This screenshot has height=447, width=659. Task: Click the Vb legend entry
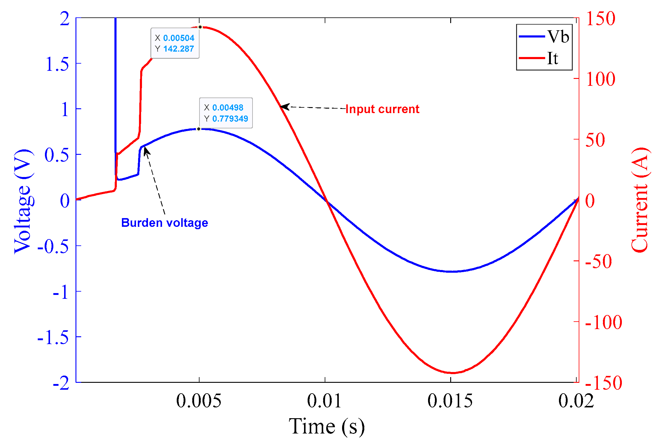(544, 37)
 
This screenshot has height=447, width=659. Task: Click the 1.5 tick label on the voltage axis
(57, 64)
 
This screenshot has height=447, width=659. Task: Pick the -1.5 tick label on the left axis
(53, 338)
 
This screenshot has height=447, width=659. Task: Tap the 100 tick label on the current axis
(601, 79)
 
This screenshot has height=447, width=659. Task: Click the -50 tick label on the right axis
(598, 262)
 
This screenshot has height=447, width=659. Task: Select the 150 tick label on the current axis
(601, 19)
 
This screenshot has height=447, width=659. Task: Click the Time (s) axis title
(327, 426)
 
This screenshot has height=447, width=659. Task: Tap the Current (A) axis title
(639, 200)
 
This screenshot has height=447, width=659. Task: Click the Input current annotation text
(382, 109)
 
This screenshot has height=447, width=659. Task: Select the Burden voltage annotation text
(164, 223)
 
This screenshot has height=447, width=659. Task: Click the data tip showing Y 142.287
(175, 43)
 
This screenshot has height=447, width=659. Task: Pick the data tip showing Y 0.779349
(226, 113)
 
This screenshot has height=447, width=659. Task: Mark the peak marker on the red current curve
(200, 27)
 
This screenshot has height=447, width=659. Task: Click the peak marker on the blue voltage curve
(199, 129)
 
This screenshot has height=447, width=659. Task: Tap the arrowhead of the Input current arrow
(282, 106)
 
